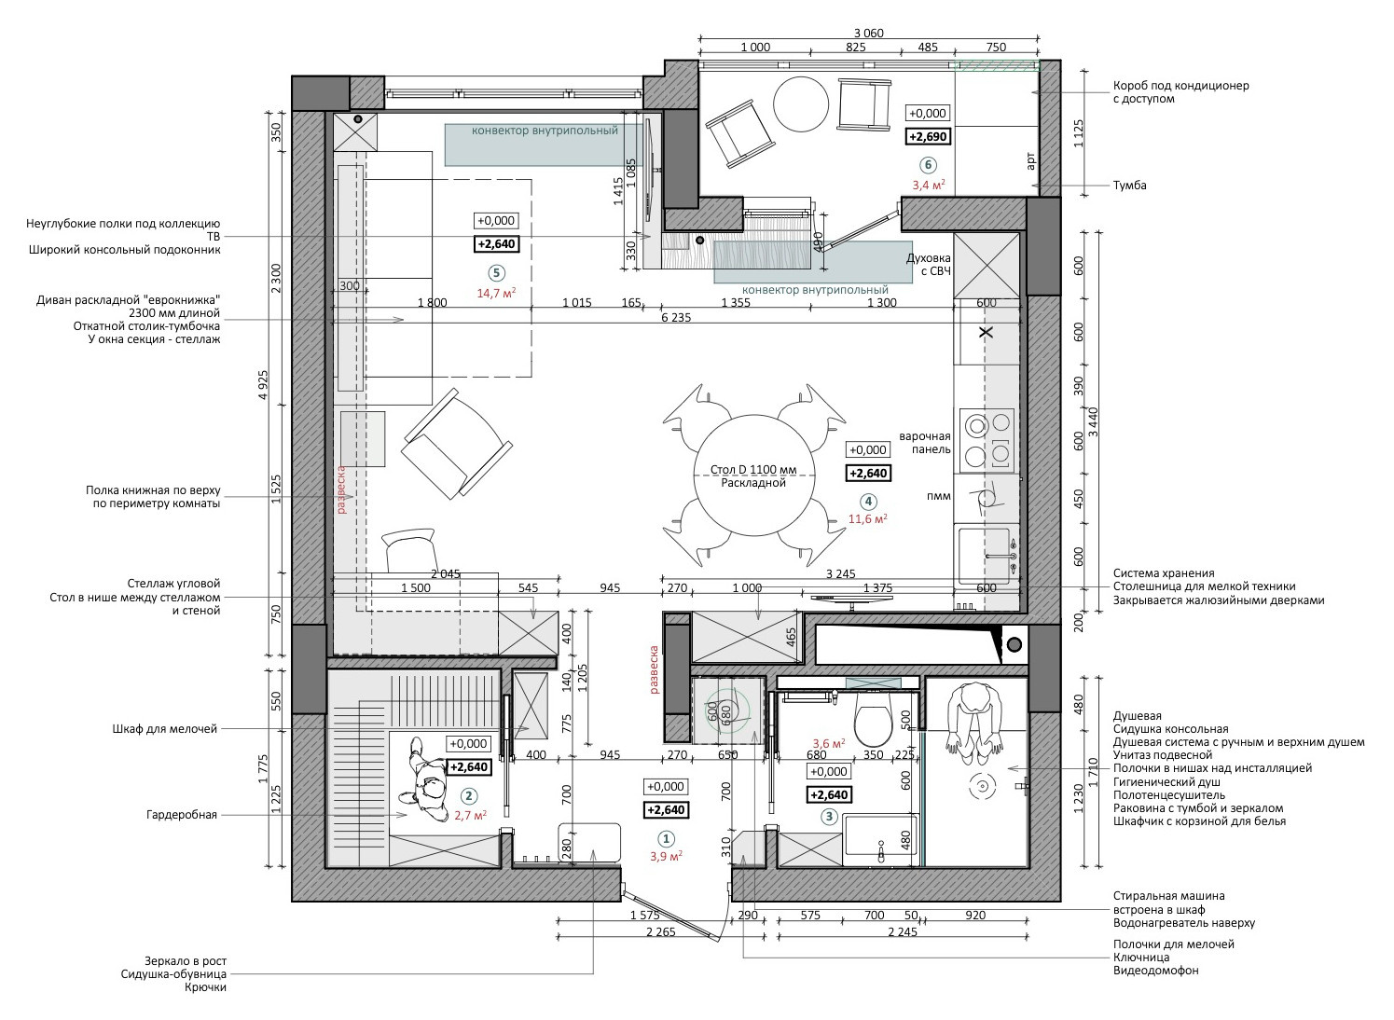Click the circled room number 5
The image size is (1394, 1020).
click(495, 272)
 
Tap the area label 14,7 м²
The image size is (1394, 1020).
click(496, 293)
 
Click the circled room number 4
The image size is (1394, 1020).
click(868, 500)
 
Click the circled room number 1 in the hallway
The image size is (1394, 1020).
click(665, 837)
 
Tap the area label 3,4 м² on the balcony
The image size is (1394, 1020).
click(928, 185)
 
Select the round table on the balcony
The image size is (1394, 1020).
click(800, 104)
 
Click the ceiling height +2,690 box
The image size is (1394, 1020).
click(928, 136)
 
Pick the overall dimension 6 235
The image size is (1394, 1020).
click(675, 317)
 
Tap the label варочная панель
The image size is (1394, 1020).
click(924, 442)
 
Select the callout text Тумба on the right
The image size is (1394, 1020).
click(1129, 186)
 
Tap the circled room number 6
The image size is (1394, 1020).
click(927, 165)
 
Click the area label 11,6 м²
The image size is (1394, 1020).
click(868, 519)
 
